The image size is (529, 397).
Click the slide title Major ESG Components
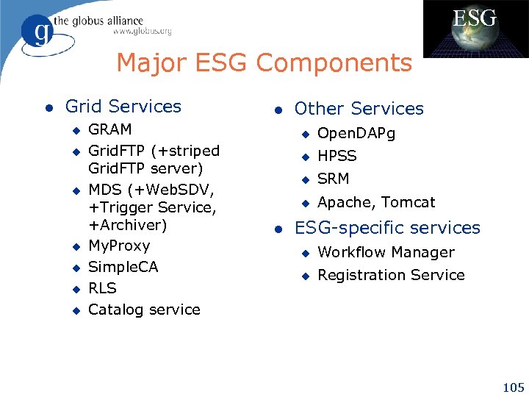(x=264, y=63)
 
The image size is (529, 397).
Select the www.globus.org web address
(x=142, y=32)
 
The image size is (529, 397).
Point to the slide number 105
(x=511, y=387)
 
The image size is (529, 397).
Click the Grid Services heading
(x=123, y=107)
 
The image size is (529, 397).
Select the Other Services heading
(x=359, y=109)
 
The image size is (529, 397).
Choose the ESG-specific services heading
(x=386, y=228)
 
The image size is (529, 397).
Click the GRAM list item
(x=110, y=129)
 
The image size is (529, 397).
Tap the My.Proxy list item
(x=119, y=246)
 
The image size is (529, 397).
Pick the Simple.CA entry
(x=123, y=267)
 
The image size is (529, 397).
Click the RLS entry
(x=102, y=288)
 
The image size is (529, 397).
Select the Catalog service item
(x=144, y=310)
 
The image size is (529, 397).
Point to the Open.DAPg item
(x=356, y=134)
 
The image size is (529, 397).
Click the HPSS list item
(x=337, y=156)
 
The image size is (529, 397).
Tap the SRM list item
(x=333, y=179)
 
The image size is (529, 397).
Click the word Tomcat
(x=408, y=202)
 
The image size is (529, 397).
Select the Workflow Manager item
(x=386, y=252)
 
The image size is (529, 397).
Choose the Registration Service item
(x=391, y=275)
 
